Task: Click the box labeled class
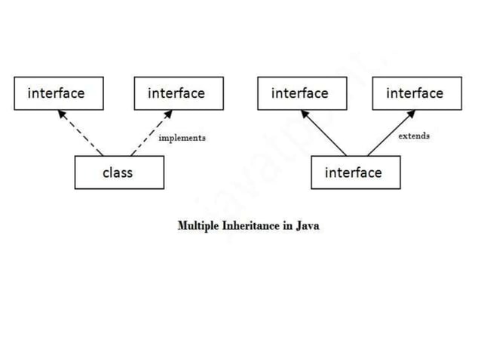tap(118, 172)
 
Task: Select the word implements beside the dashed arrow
tap(182, 138)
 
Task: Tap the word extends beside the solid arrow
tap(414, 136)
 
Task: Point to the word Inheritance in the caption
tap(251, 225)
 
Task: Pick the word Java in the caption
tap(307, 225)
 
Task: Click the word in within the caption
tap(286, 225)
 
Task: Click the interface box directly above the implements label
tap(178, 93)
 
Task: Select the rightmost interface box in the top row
tap(416, 93)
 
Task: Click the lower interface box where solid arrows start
tap(355, 172)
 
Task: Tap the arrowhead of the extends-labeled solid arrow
tap(412, 114)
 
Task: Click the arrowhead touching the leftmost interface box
tap(60, 114)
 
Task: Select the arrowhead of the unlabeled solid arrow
tap(305, 114)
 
